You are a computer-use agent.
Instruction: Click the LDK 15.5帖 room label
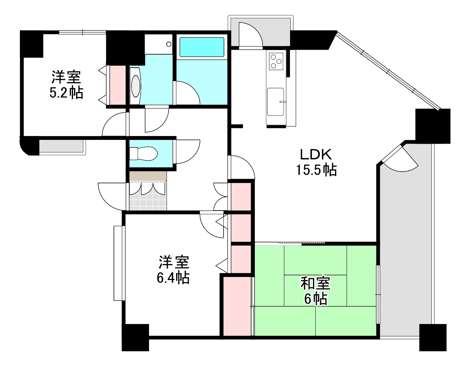316,162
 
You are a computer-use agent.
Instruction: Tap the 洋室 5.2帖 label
66,85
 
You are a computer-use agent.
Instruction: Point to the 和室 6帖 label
315,291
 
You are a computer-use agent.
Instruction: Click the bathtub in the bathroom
201,47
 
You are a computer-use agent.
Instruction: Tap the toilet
143,154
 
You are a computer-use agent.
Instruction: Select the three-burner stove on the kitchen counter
276,61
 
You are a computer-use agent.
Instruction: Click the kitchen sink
275,101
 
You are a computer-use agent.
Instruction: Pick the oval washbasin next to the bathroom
136,86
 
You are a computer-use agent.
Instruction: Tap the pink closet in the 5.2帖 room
117,85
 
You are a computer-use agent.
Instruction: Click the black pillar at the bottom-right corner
433,337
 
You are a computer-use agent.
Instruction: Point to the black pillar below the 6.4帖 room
135,337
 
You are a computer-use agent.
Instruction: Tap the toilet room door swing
187,151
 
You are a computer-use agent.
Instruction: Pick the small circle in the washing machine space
169,44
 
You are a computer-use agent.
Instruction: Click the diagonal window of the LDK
388,71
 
